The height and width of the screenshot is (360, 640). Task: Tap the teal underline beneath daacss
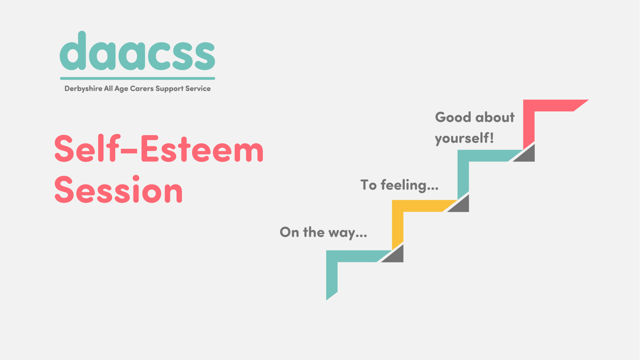pos(137,78)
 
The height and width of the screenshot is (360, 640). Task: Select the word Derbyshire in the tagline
pos(83,89)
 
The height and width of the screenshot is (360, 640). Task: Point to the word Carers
pos(142,89)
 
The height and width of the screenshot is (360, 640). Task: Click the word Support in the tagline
pos(169,89)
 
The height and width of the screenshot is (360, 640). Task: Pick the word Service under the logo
pos(198,89)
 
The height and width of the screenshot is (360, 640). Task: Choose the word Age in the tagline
pos(121,89)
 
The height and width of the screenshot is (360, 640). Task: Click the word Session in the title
pos(118,190)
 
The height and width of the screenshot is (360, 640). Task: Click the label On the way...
pos(323,232)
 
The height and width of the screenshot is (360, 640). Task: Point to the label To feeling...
pos(399,185)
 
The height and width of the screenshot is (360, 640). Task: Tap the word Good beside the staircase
pos(453,117)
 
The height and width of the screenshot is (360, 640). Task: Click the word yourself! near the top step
pos(464,138)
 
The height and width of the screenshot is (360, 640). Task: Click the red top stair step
pos(550,105)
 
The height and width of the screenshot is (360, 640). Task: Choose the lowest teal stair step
pos(352,256)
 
